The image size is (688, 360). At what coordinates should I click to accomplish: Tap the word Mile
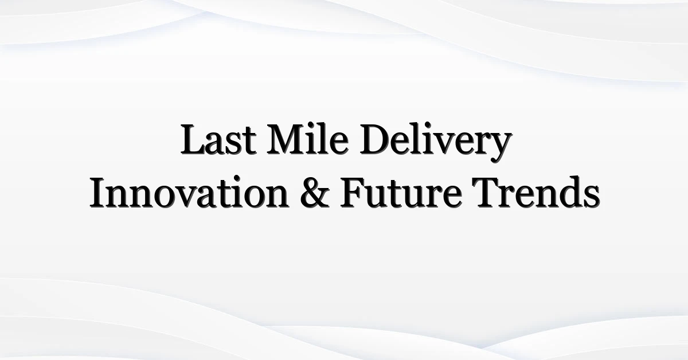click(x=308, y=138)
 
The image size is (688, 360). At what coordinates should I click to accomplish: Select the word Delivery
click(x=436, y=143)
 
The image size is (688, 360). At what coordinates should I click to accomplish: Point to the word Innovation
click(x=189, y=193)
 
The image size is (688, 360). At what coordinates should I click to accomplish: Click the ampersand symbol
click(x=315, y=193)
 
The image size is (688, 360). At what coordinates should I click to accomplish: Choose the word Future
click(x=401, y=194)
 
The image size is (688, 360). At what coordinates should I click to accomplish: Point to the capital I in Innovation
click(x=97, y=194)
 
